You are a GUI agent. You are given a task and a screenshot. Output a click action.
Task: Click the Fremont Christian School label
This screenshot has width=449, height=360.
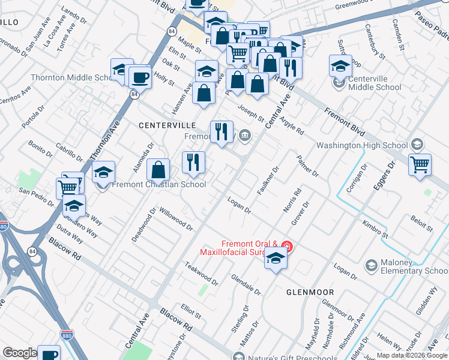click(x=159, y=185)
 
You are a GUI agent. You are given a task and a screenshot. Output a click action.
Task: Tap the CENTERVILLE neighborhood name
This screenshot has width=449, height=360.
click(x=167, y=125)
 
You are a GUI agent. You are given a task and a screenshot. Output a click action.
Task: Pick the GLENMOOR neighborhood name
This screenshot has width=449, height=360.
click(x=310, y=292)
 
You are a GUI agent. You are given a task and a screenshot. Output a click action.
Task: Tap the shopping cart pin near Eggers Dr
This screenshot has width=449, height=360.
click(x=420, y=164)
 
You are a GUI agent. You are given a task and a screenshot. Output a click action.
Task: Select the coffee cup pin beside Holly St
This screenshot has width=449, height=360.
click(x=140, y=77)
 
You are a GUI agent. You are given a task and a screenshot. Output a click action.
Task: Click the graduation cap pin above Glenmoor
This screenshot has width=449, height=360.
click(x=276, y=258)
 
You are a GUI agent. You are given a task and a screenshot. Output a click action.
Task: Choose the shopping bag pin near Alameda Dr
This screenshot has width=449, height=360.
click(x=158, y=170)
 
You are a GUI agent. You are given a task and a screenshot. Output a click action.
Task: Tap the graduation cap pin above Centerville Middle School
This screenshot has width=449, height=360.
click(x=340, y=66)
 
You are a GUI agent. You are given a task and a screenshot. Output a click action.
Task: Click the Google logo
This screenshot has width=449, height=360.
click(x=19, y=353)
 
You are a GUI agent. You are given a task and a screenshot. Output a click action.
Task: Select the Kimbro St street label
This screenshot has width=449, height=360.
click(x=375, y=229)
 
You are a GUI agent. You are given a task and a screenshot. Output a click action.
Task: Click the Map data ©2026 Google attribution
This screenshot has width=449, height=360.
click(x=411, y=355)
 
